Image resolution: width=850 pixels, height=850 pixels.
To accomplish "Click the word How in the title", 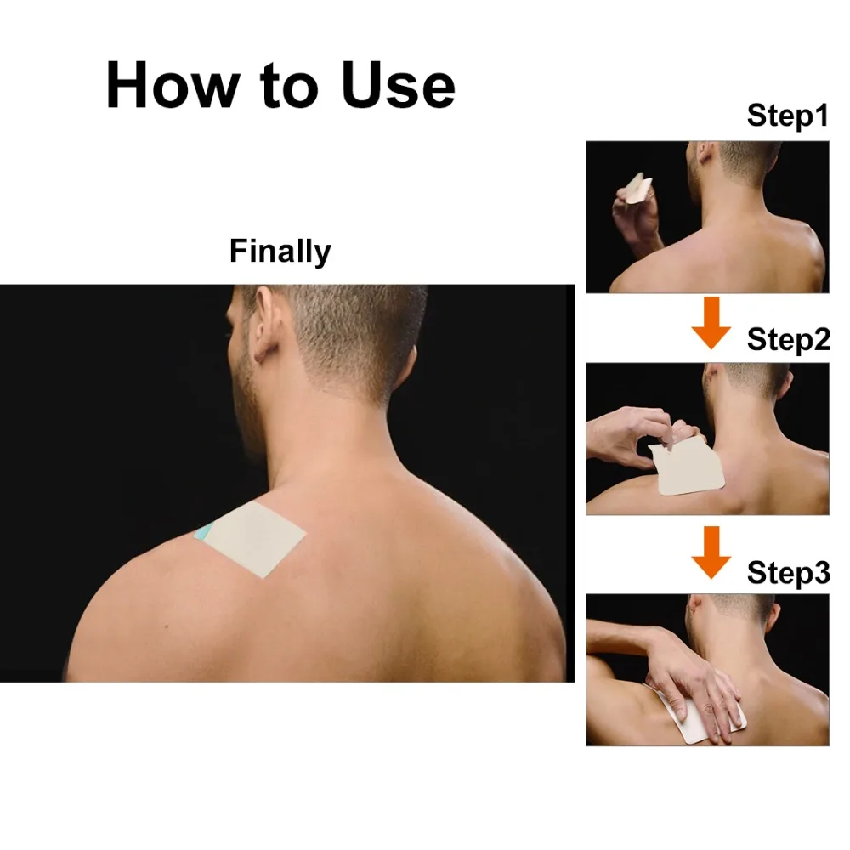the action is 173,85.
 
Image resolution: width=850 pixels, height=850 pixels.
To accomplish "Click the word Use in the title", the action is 399,85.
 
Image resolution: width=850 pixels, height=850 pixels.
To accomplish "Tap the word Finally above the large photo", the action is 280,252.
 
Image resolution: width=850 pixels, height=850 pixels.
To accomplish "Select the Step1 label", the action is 788,116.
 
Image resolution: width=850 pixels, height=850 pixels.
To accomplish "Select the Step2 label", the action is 788,341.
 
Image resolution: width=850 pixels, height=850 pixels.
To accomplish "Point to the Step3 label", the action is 788,572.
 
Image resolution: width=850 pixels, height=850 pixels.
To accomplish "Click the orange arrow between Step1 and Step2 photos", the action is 711,322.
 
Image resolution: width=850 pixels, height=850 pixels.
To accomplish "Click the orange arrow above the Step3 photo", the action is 711,552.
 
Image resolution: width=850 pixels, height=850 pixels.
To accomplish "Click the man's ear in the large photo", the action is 264,323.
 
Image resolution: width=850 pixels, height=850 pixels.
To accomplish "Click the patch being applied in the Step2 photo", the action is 686,465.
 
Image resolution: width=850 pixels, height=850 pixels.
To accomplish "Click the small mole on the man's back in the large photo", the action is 167,626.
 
